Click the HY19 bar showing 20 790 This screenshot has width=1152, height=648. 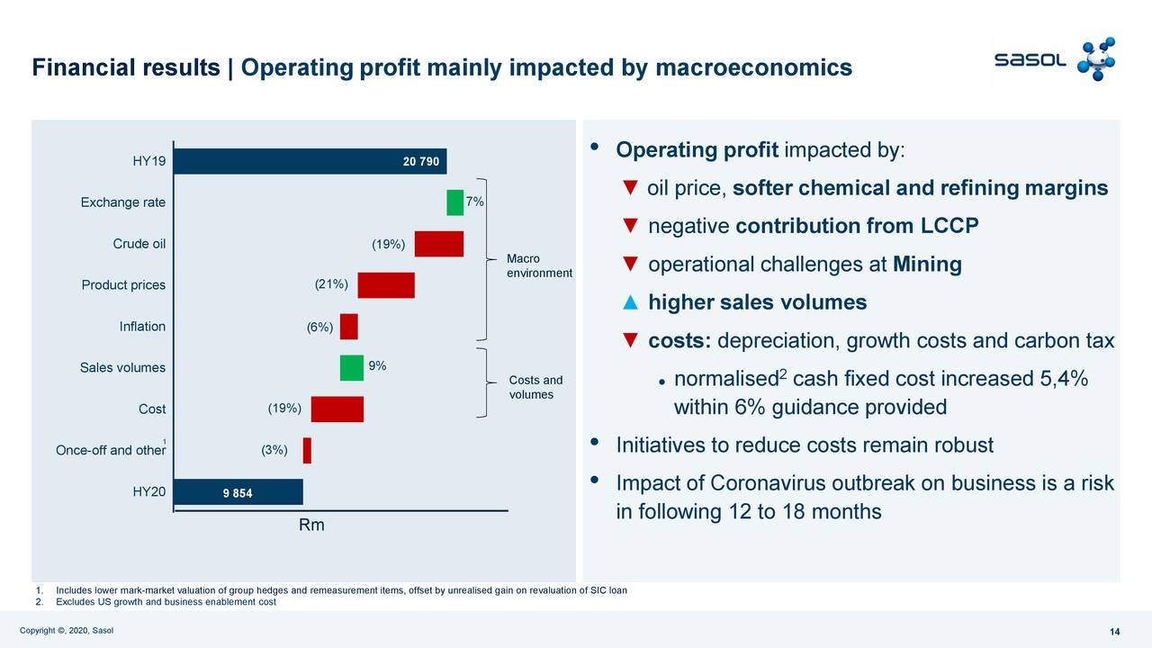pos(310,162)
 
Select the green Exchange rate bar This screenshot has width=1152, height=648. pos(454,202)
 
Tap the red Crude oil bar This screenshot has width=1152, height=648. pos(438,244)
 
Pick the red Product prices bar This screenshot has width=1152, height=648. pos(386,285)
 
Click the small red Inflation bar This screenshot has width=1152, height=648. pos(348,327)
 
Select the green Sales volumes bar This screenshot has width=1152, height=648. pos(351,368)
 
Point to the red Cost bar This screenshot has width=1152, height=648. pos(337,409)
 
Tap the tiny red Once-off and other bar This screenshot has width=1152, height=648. pos(307,451)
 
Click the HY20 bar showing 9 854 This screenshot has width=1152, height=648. pos(238,492)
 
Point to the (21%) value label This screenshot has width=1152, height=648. pos(331,284)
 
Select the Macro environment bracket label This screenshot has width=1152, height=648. pos(539,265)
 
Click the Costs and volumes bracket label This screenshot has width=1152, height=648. pos(535,387)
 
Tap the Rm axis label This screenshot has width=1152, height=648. pos(311,525)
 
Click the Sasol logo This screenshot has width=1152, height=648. pos(1054,59)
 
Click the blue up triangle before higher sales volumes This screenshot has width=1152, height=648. pos(630,302)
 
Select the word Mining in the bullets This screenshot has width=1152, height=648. pos(927,265)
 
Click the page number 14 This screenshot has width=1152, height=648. pos(1114,633)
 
